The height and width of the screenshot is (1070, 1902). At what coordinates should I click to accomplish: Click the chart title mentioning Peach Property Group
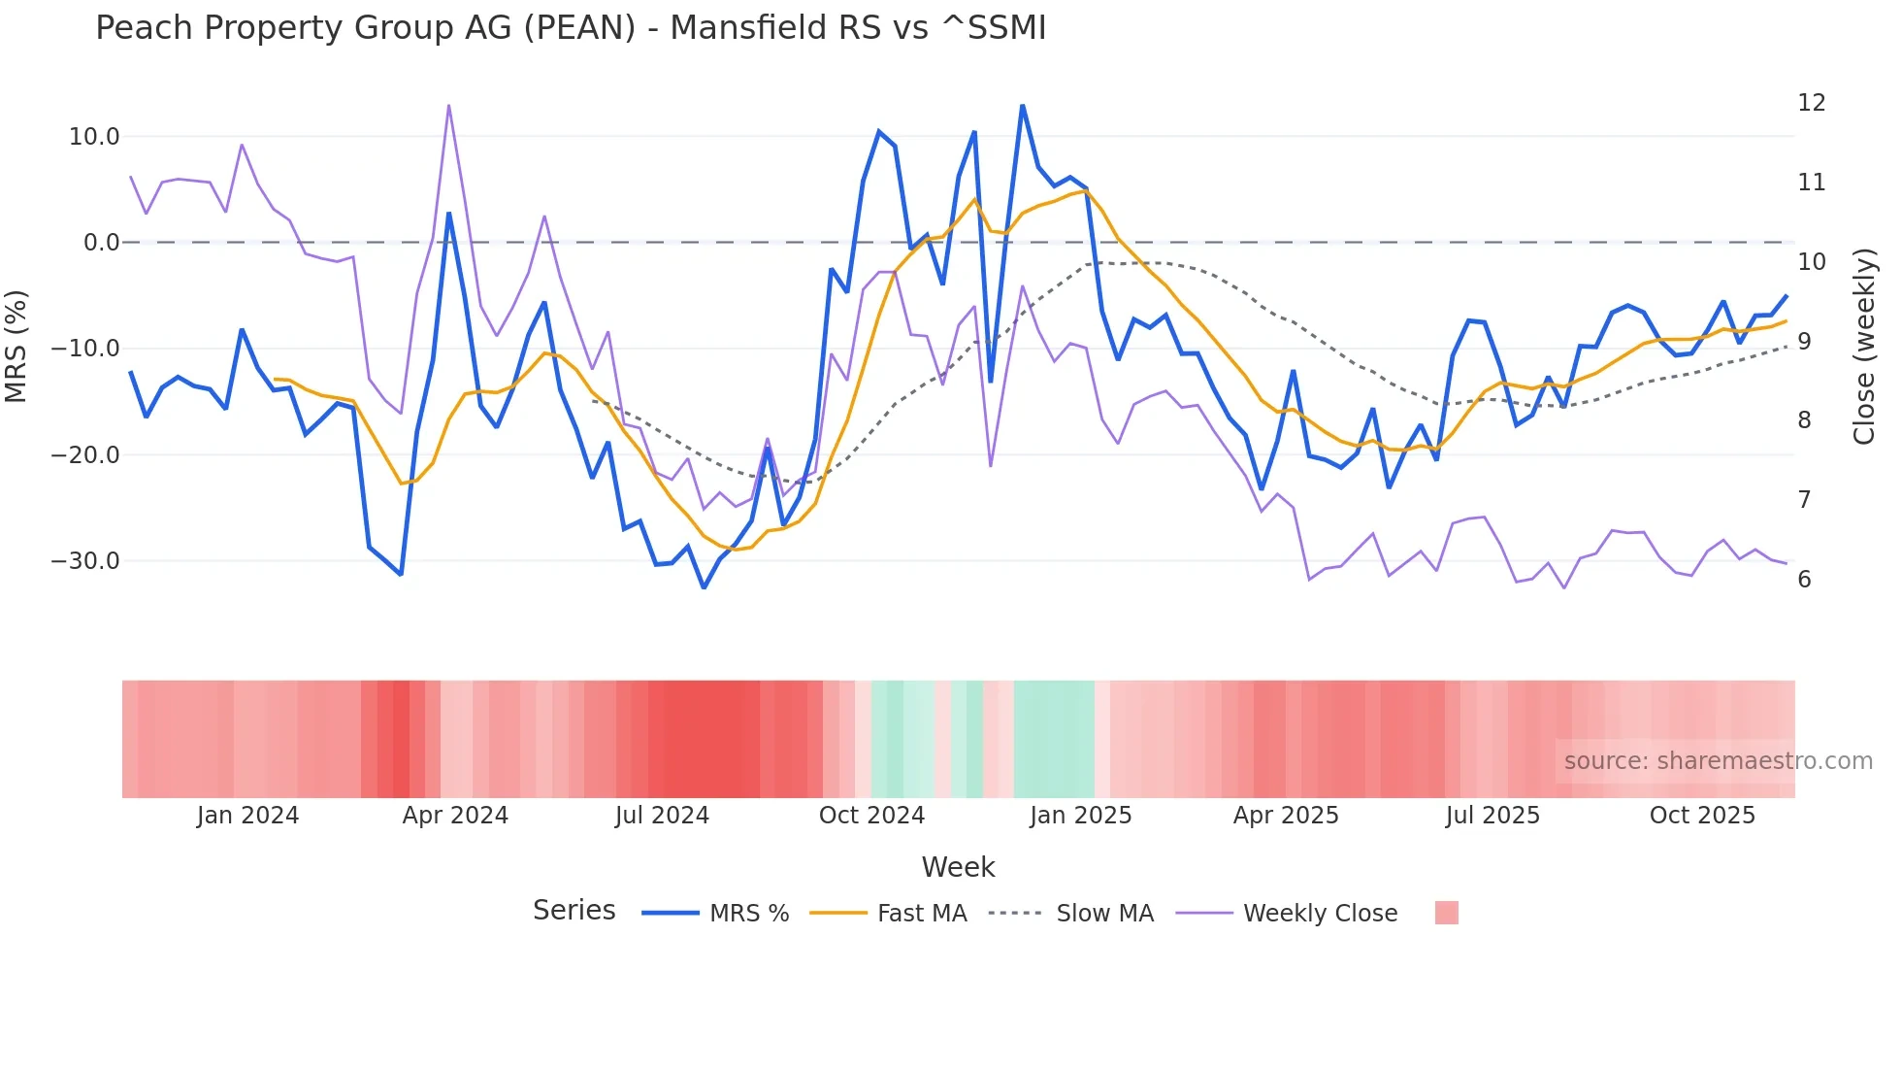pyautogui.click(x=571, y=28)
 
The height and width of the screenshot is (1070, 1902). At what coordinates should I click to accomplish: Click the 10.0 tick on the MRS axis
pyautogui.click(x=94, y=137)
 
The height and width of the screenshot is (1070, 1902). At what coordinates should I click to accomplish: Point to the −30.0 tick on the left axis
pyautogui.click(x=85, y=561)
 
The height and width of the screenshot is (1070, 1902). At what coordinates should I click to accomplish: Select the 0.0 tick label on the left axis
pyautogui.click(x=101, y=243)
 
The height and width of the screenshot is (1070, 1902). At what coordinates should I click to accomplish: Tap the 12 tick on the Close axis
pyautogui.click(x=1811, y=103)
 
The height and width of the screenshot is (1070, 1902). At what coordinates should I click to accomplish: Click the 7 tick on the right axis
pyautogui.click(x=1804, y=500)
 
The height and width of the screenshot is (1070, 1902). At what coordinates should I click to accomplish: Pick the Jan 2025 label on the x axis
pyautogui.click(x=1080, y=816)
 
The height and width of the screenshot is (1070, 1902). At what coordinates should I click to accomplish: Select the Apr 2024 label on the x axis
pyautogui.click(x=455, y=816)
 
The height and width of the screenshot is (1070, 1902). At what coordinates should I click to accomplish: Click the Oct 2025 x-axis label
pyautogui.click(x=1702, y=816)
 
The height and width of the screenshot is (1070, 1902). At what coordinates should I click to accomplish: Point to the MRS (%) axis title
pyautogui.click(x=16, y=347)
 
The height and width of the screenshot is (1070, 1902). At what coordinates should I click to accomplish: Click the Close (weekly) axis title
pyautogui.click(x=1863, y=347)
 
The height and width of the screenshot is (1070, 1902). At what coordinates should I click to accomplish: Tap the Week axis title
pyautogui.click(x=958, y=867)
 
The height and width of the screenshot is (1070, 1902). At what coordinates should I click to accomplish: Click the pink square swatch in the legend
pyautogui.click(x=1446, y=914)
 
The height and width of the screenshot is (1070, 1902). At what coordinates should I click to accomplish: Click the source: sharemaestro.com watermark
pyautogui.click(x=1718, y=761)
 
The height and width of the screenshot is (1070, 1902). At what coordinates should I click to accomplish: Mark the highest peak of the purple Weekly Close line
pyautogui.click(x=448, y=105)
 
